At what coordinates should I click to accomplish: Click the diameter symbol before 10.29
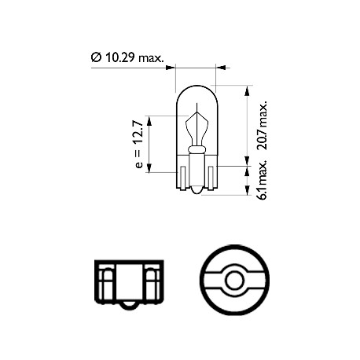[x=96, y=57]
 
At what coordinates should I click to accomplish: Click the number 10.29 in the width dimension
[x=119, y=57]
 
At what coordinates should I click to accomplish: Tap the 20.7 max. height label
[x=262, y=125]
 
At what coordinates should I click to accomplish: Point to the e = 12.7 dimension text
[x=139, y=144]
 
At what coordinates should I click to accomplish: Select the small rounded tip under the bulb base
[x=197, y=191]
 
